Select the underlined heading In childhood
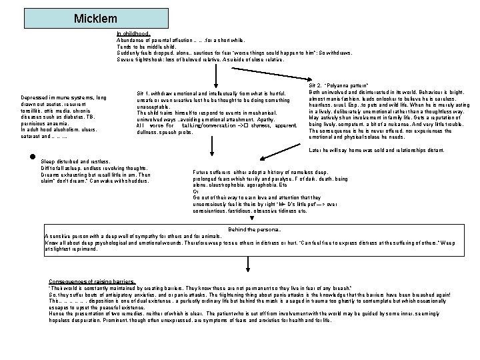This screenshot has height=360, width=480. [x=133, y=33]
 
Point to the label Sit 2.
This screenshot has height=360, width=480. [x=315, y=85]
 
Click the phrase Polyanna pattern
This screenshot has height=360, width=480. [x=349, y=85]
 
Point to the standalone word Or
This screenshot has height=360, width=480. [x=195, y=191]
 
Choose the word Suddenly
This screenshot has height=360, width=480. [x=129, y=53]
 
